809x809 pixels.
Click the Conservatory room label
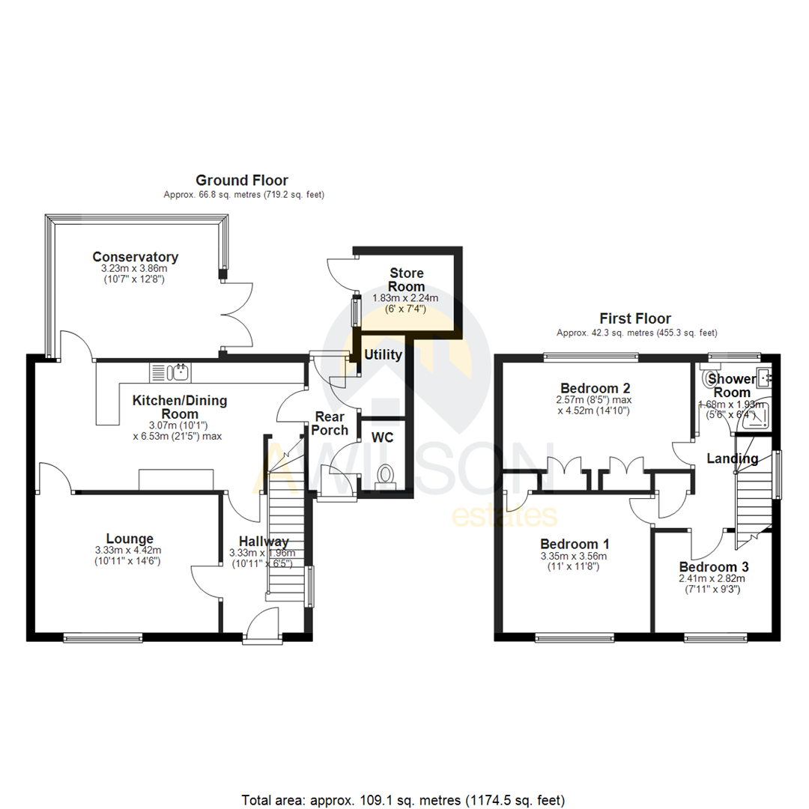[x=135, y=256]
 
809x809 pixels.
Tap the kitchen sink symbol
[x=172, y=371]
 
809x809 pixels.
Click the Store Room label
[x=407, y=279]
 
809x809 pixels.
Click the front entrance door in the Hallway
[x=263, y=626]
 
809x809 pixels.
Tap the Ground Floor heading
[x=241, y=180]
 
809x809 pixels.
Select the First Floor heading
[x=635, y=318]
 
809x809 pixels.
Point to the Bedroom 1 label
[x=575, y=544]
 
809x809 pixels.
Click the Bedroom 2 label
[x=595, y=388]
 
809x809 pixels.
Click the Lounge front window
[x=103, y=638]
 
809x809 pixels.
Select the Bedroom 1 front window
[x=573, y=638]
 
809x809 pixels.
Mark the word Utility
[x=384, y=355]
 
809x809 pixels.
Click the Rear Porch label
[x=330, y=423]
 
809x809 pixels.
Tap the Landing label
[x=733, y=458]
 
